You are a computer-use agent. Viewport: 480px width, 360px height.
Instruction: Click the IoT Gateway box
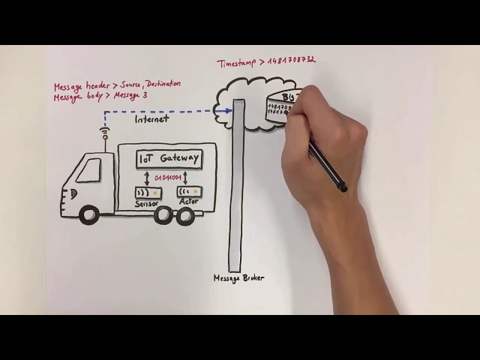coord(169,159)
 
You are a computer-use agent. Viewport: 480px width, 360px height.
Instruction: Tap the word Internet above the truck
coord(151,118)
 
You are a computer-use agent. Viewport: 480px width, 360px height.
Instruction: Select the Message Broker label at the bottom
coord(238,278)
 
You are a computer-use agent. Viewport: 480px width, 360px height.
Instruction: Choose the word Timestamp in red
coord(235,64)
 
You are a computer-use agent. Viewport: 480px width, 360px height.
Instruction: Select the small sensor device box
coord(148,193)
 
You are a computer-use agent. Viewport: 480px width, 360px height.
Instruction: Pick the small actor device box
coord(188,192)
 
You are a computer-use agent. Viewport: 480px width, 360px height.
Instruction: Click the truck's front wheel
coord(89,215)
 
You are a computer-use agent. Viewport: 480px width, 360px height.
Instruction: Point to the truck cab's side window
coord(88,170)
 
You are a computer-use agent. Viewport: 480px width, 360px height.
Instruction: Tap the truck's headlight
coord(72,193)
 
